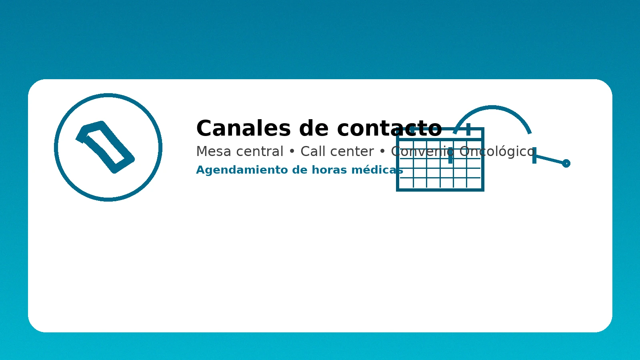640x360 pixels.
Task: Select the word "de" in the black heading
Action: pos(314,129)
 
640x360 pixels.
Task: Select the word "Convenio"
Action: pos(422,152)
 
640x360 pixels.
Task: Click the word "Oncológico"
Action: pos(497,152)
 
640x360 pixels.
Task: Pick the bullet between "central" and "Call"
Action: pos(292,152)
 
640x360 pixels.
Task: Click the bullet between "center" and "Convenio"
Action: pos(382,152)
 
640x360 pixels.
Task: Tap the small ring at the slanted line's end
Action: pos(566,163)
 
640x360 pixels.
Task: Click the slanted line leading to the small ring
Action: pos(550,159)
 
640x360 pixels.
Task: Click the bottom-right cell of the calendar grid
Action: pos(474,183)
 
